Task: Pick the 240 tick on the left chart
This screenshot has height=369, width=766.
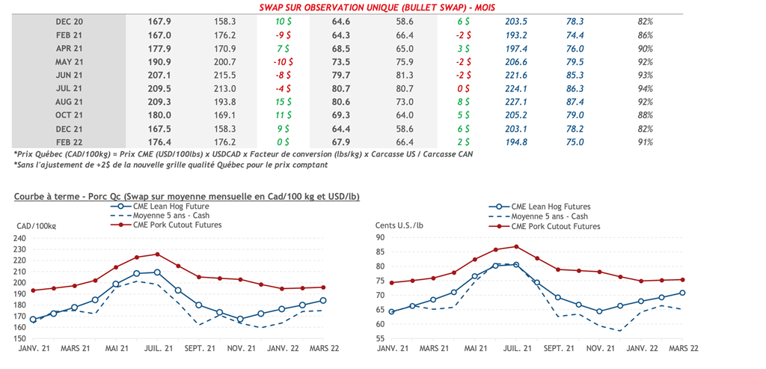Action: pyautogui.click(x=22, y=238)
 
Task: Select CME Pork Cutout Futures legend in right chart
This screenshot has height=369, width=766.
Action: pyautogui.click(x=555, y=226)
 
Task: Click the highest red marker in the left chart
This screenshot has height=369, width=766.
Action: pyautogui.click(x=157, y=254)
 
